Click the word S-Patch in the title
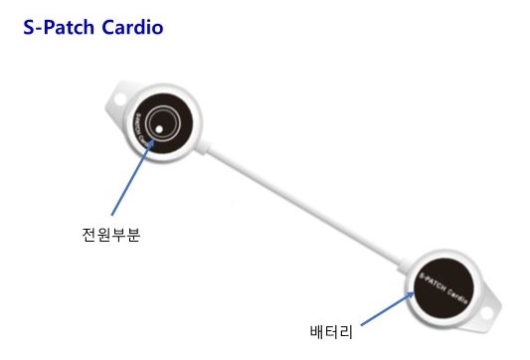click(x=61, y=29)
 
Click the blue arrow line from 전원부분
click(x=131, y=180)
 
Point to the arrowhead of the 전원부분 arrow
click(x=154, y=139)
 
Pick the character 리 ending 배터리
click(x=348, y=327)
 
